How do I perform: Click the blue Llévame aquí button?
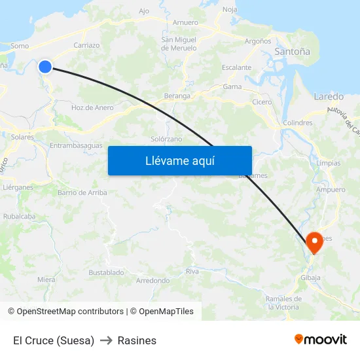pos(179,160)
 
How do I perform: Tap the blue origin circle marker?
pos(45,66)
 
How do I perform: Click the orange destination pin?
pos(314,242)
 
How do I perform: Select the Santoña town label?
pos(292,51)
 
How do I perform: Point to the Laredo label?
pos(329,96)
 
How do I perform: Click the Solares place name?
pos(22,137)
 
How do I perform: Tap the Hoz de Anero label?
pos(92,107)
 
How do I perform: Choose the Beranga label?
pos(177,96)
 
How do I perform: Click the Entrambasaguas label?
pos(76,145)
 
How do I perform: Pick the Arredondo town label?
pos(152,280)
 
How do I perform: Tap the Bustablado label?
pos(106,272)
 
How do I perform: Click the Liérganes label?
pos(18,187)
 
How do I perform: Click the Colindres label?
pos(297,122)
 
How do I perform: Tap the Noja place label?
pos(230,9)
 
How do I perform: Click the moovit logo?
pos(321,339)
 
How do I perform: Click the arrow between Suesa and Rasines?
pos(106,340)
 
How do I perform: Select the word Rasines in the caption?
pos(137,340)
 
